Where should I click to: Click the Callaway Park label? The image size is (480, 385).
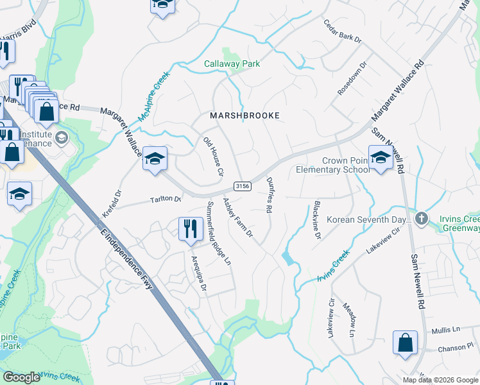tap(232, 64)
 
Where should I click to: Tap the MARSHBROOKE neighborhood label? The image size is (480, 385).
tap(244, 116)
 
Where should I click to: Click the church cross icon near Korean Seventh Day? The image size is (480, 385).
tap(421, 218)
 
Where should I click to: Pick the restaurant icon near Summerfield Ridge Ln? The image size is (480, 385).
tap(189, 230)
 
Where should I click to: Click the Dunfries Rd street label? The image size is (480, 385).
tap(270, 196)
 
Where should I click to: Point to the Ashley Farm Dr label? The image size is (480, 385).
tap(237, 219)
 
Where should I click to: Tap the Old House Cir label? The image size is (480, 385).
tap(214, 157)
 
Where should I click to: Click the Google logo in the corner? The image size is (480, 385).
tap(21, 377)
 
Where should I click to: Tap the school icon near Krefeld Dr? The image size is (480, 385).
tap(155, 158)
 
